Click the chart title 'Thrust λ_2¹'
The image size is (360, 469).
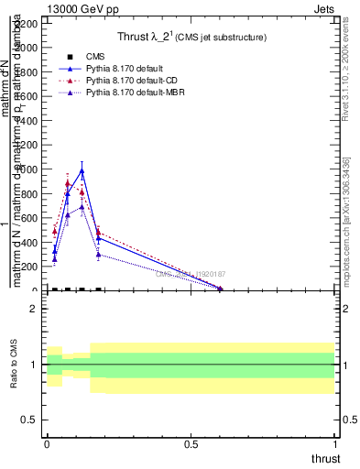[x=191, y=37]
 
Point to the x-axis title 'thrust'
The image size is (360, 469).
[x=325, y=458]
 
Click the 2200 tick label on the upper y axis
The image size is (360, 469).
[x=28, y=23]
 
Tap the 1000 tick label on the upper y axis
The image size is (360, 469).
[x=28, y=169]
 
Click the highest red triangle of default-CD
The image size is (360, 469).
[x=68, y=183]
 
